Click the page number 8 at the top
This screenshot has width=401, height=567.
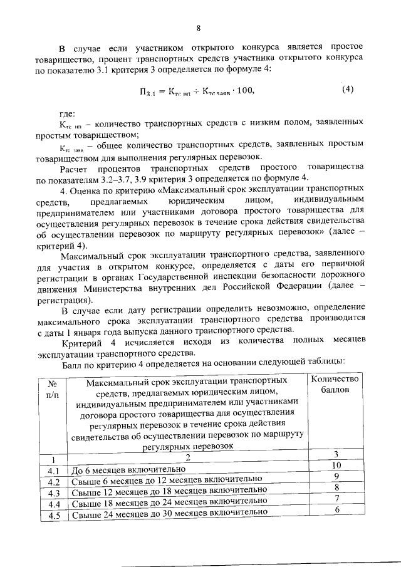[x=199, y=28]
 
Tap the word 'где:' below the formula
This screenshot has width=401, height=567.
[x=67, y=113]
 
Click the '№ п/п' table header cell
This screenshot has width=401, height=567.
[x=53, y=390]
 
